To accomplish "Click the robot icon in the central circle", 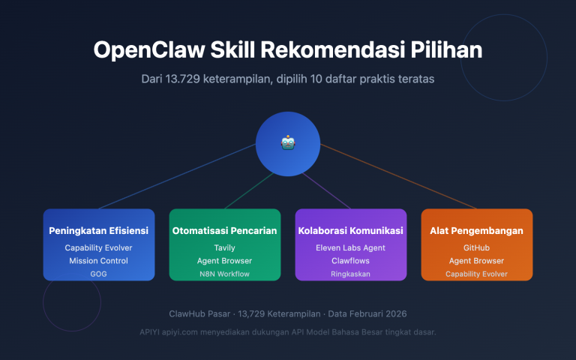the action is tap(288, 142).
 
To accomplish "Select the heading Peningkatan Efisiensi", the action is tap(99, 230).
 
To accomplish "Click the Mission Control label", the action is tap(99, 260).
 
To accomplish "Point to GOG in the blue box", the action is tap(99, 274).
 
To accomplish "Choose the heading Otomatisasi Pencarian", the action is tap(225, 230).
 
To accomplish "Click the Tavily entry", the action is tap(225, 247).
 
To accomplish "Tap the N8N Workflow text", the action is tap(225, 274).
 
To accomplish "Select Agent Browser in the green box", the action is tap(225, 260).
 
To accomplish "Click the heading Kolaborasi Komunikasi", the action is tap(351, 230).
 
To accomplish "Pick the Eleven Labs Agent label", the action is tap(351, 247).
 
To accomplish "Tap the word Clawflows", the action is tap(351, 260).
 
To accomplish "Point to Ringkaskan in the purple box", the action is tap(351, 274).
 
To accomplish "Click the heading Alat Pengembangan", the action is tap(477, 230).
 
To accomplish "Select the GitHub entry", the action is tap(477, 247).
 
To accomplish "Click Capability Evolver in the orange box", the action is tap(477, 274).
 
